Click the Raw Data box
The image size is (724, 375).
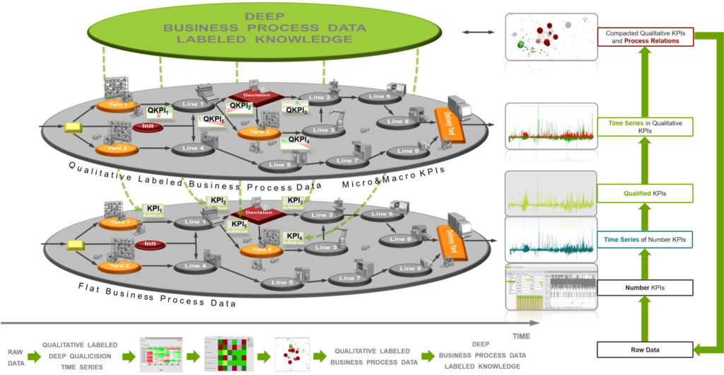click(x=644, y=350)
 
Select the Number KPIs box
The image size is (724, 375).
click(x=644, y=288)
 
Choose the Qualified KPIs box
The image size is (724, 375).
click(x=644, y=192)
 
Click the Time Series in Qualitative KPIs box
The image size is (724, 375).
click(x=644, y=127)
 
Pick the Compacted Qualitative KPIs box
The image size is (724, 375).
click(x=644, y=37)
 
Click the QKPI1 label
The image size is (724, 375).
click(x=157, y=111)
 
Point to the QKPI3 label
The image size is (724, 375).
click(x=296, y=109)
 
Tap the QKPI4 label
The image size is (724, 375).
click(x=298, y=140)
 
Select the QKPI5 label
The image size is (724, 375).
click(x=213, y=120)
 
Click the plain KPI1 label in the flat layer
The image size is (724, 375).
click(x=153, y=209)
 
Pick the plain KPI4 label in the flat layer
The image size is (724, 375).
click(x=295, y=236)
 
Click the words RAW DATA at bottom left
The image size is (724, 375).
click(x=15, y=357)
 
